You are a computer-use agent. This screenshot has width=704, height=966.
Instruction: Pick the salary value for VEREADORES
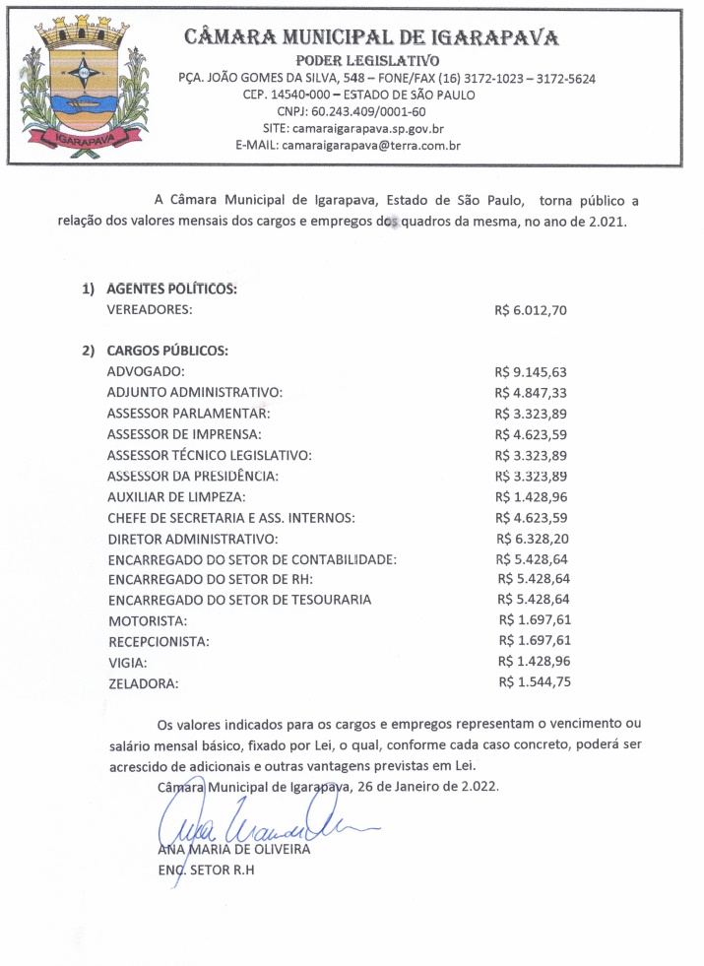click(x=531, y=310)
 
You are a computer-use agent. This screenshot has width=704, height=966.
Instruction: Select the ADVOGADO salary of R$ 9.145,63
click(x=532, y=372)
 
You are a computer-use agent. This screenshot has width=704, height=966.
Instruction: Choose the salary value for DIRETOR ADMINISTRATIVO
click(x=532, y=539)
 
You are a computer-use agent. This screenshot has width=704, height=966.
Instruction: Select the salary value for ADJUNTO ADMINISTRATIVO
click(x=532, y=393)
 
